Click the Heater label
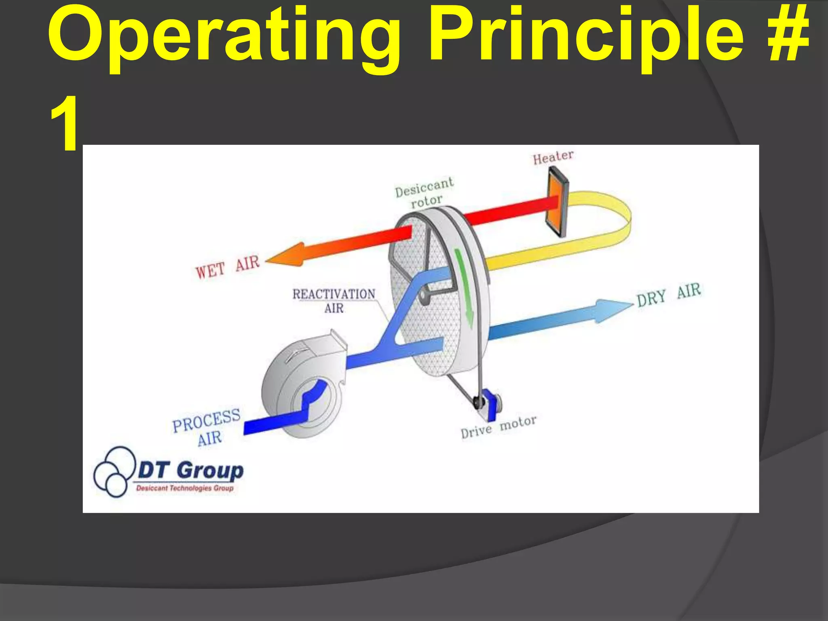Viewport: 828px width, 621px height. (x=553, y=157)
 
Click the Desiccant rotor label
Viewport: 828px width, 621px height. (x=425, y=192)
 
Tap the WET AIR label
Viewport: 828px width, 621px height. (x=227, y=267)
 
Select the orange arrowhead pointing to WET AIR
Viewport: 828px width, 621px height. (x=285, y=256)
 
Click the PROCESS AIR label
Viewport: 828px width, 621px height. (x=207, y=427)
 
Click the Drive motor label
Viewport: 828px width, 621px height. (x=498, y=427)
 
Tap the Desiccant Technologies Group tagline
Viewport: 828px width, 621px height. (x=185, y=488)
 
